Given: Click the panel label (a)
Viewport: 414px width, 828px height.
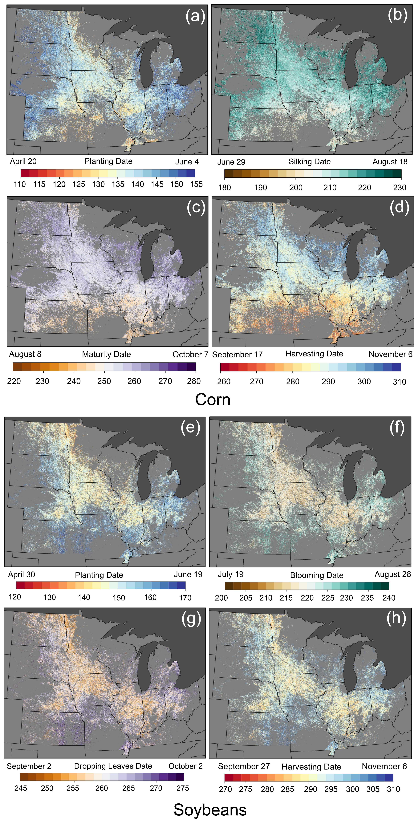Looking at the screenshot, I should [195, 16].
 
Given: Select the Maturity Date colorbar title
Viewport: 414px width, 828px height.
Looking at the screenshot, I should [106, 354].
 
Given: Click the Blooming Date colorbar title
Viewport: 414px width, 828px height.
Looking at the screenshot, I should [317, 575].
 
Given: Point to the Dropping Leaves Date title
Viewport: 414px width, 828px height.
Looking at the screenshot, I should [113, 766].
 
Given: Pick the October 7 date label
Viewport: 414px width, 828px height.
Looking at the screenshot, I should [190, 355].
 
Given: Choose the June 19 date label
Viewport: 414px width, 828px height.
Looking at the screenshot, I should [188, 574].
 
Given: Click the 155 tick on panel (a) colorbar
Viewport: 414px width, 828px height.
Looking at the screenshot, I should [196, 184].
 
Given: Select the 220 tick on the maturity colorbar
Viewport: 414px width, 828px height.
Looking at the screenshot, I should [14, 381].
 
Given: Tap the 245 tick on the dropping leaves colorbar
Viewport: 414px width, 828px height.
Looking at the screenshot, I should [21, 788].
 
